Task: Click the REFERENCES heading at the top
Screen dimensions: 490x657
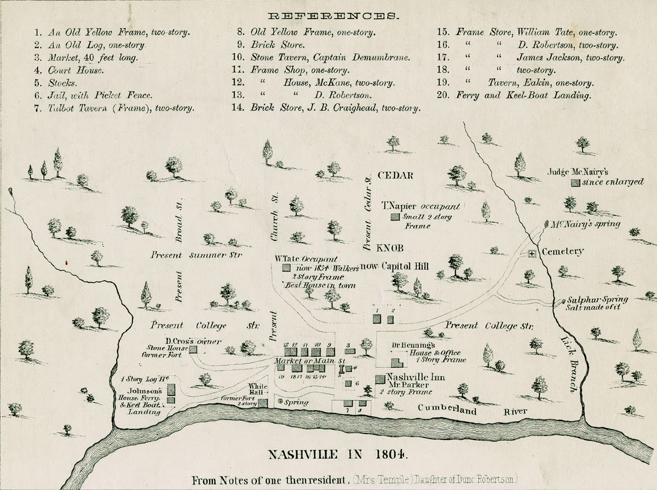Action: [329, 16]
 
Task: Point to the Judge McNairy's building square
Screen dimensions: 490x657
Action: [575, 183]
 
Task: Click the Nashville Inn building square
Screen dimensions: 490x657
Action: [379, 379]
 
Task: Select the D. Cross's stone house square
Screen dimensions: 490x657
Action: [193, 349]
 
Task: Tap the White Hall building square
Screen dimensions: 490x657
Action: [263, 403]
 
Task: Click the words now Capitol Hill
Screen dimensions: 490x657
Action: [402, 267]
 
